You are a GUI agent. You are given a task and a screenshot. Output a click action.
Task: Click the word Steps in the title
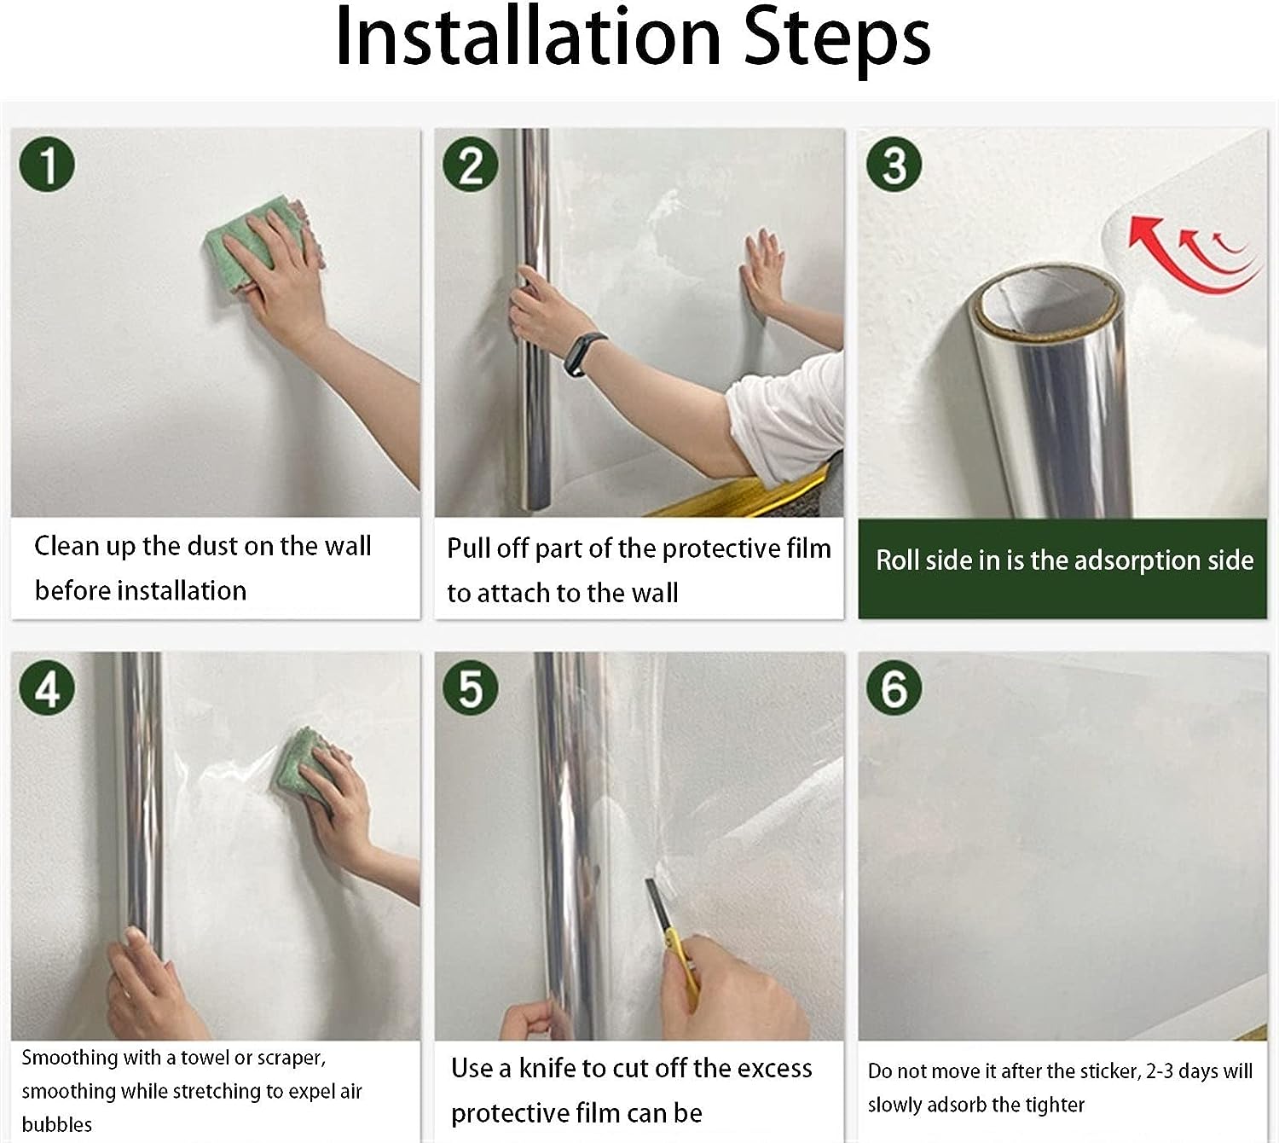[x=837, y=40]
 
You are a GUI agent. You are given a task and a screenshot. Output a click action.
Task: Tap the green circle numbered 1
[x=48, y=164]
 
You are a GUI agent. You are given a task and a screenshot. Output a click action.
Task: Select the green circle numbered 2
[x=471, y=164]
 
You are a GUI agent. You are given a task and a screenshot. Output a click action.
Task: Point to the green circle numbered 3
[x=894, y=164]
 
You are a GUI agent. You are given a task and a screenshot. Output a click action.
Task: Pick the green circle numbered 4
[x=48, y=688]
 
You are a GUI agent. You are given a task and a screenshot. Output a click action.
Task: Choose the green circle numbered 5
[x=471, y=688]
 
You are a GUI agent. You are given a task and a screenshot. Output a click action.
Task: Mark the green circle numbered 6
[x=894, y=688]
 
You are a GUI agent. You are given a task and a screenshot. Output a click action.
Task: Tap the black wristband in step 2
[x=582, y=354]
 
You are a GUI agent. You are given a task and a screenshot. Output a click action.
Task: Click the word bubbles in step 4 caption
[x=57, y=1125]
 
